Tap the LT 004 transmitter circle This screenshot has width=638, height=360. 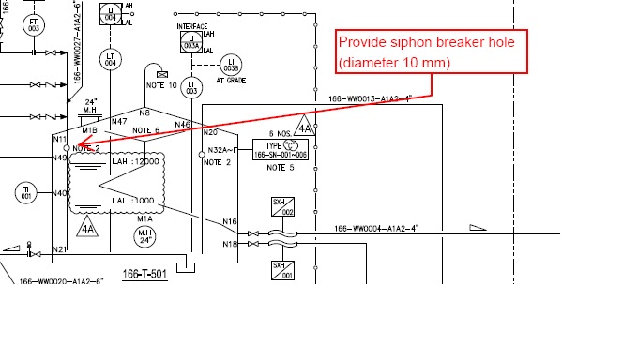(x=111, y=59)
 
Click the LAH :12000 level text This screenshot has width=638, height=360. (x=132, y=161)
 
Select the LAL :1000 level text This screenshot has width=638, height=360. (x=132, y=202)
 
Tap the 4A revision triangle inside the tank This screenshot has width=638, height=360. (x=87, y=226)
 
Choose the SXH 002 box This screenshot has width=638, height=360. (x=289, y=209)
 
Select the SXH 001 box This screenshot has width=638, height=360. (x=289, y=271)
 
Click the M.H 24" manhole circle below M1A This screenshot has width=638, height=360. (x=145, y=234)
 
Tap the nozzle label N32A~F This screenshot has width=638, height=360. (x=224, y=150)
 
